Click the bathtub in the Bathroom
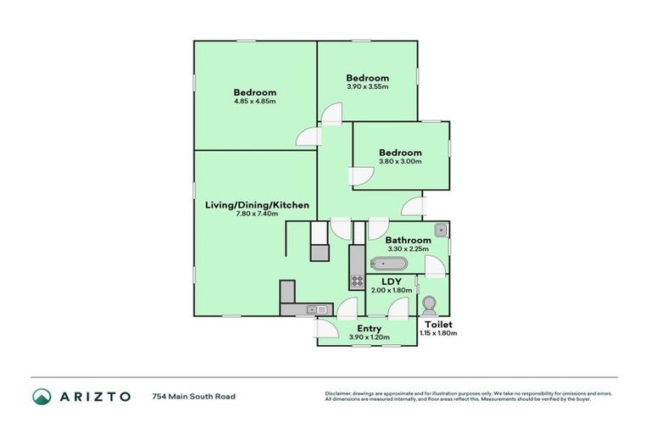pos(388,264)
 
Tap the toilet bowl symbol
pos(429,304)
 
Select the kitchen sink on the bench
pos(316,309)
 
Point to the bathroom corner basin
pos(441,230)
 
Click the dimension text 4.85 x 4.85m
pos(255,102)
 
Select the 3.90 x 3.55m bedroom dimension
pos(367,86)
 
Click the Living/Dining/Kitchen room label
pos(257,205)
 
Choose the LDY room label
pos(391,281)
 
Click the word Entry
pos(369,328)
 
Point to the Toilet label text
pos(438,325)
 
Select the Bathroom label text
pos(409,240)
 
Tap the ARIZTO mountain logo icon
pos(42,396)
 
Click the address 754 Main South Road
pos(193,396)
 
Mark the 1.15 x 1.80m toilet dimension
pos(438,334)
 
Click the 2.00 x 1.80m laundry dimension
pos(391,291)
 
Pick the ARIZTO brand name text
pos(95,396)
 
